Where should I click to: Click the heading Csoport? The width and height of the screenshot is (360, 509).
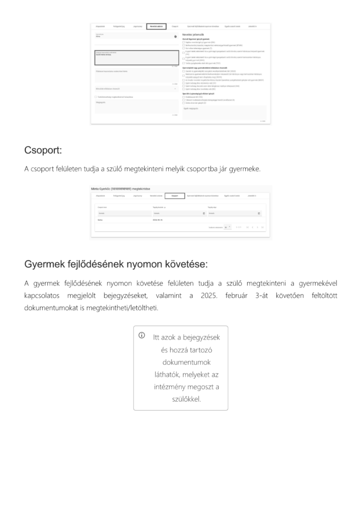43,150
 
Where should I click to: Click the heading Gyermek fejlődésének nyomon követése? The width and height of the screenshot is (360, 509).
116,263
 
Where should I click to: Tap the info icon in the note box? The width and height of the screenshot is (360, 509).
142,336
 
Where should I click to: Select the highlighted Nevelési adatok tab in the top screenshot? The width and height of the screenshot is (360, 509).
156,26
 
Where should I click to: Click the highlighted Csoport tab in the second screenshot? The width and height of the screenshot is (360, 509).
175,196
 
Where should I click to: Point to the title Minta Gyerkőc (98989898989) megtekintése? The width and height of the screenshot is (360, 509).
120,189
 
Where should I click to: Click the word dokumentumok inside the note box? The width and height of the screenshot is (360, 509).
180,362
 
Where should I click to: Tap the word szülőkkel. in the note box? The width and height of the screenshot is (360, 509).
180,399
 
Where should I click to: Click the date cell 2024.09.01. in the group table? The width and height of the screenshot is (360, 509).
158,220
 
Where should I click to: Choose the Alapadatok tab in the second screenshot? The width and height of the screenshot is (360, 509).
100,196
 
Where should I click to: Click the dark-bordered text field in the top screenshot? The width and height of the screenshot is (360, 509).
136,58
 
